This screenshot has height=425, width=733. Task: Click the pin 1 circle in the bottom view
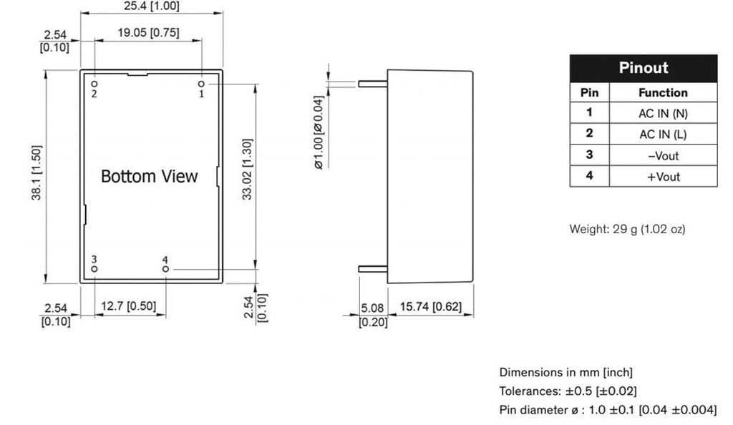coord(201,84)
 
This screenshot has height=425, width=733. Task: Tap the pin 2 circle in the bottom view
coord(94,84)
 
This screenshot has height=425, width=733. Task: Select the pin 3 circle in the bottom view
coord(94,269)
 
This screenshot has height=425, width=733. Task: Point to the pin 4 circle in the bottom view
coord(165,269)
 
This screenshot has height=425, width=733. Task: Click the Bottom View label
coord(149,177)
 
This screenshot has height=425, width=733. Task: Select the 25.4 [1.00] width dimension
coord(152,6)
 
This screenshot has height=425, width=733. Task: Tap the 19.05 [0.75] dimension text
coord(148,33)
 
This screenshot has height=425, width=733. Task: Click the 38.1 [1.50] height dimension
coord(37,173)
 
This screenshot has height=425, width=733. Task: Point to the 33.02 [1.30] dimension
coord(247,169)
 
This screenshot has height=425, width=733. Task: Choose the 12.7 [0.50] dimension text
coord(129,306)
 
